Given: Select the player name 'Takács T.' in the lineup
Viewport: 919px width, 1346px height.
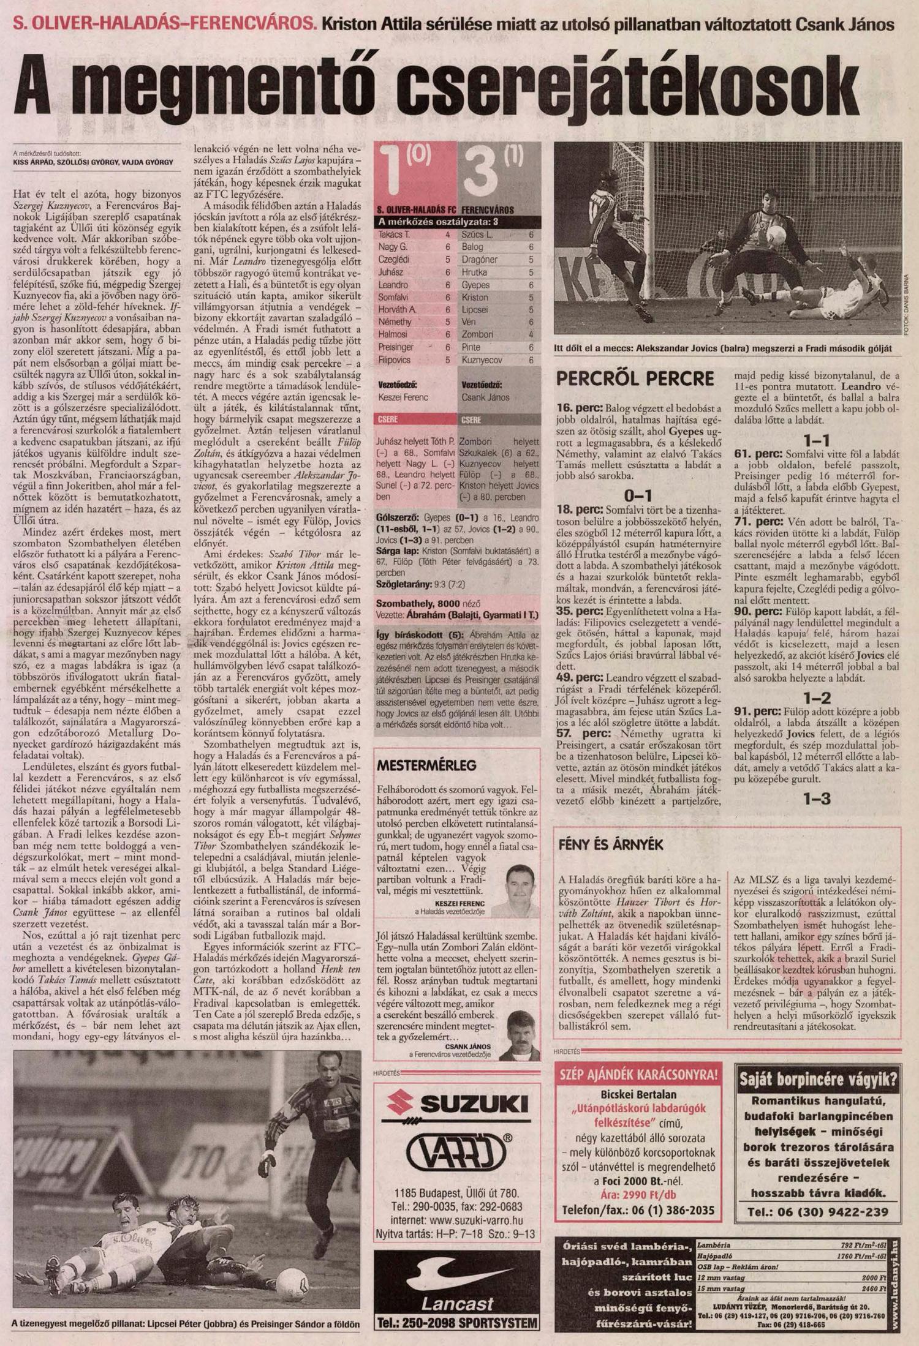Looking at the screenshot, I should pos(395,235).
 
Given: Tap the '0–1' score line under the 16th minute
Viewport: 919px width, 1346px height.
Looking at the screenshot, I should pos(637,495).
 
